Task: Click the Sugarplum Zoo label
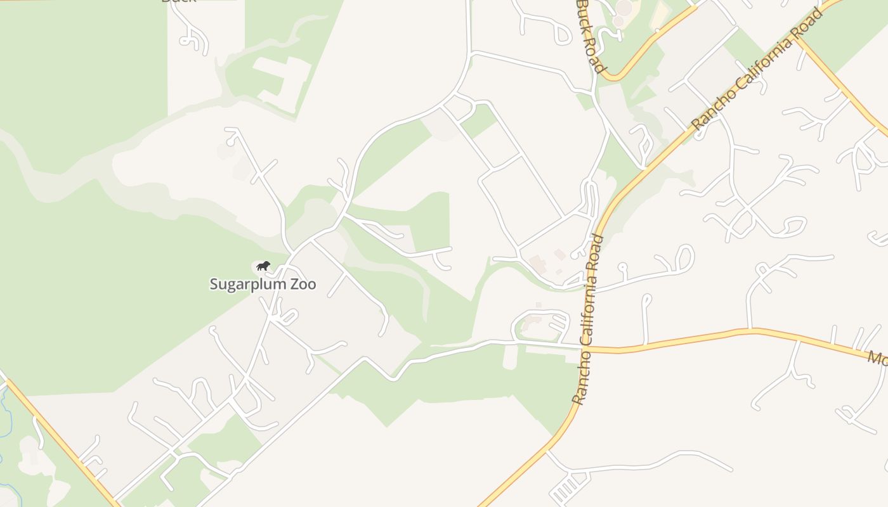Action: click(x=263, y=283)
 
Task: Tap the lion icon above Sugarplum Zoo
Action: click(x=263, y=266)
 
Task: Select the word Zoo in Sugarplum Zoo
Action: click(x=303, y=284)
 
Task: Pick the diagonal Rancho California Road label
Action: click(x=757, y=70)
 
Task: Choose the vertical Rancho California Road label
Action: click(x=587, y=320)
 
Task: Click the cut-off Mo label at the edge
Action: click(x=878, y=359)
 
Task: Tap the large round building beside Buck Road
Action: click(x=624, y=8)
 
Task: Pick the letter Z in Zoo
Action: click(x=294, y=284)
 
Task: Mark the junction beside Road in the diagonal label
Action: click(x=798, y=38)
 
